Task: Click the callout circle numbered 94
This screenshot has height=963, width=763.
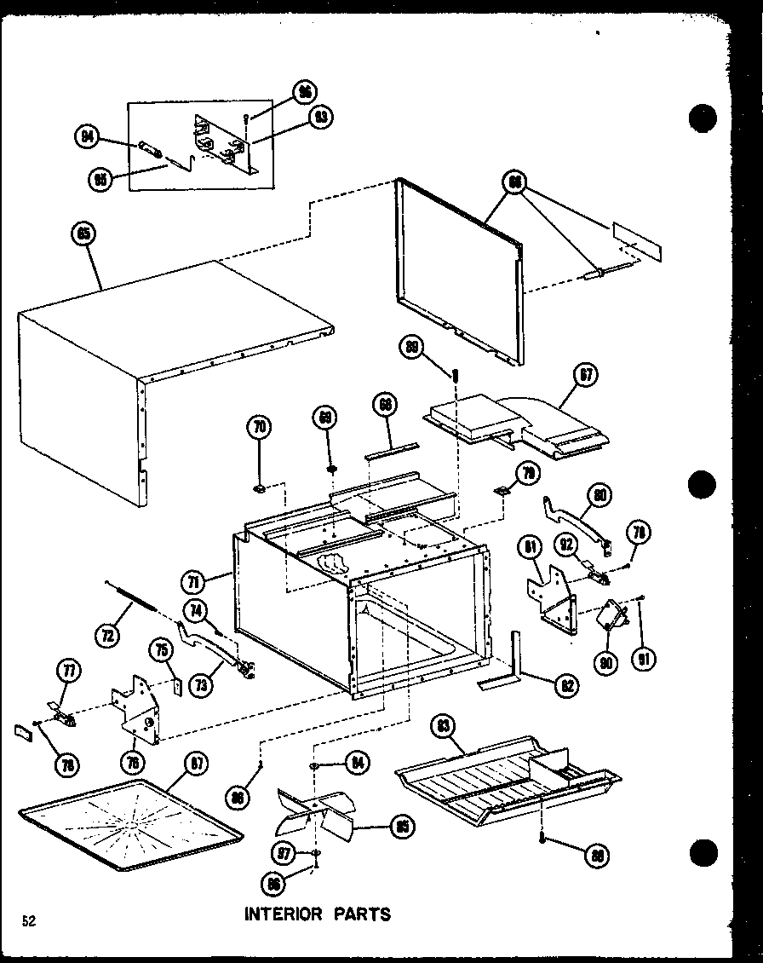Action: point(88,137)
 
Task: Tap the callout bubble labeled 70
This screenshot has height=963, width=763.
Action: point(261,425)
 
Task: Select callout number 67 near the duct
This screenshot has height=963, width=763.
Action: point(587,376)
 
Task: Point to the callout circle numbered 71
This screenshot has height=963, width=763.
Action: point(193,583)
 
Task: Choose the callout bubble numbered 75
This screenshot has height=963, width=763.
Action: point(159,649)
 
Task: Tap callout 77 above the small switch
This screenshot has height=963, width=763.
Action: point(66,671)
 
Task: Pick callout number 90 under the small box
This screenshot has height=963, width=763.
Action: point(606,662)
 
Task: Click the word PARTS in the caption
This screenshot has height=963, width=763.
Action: point(363,914)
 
